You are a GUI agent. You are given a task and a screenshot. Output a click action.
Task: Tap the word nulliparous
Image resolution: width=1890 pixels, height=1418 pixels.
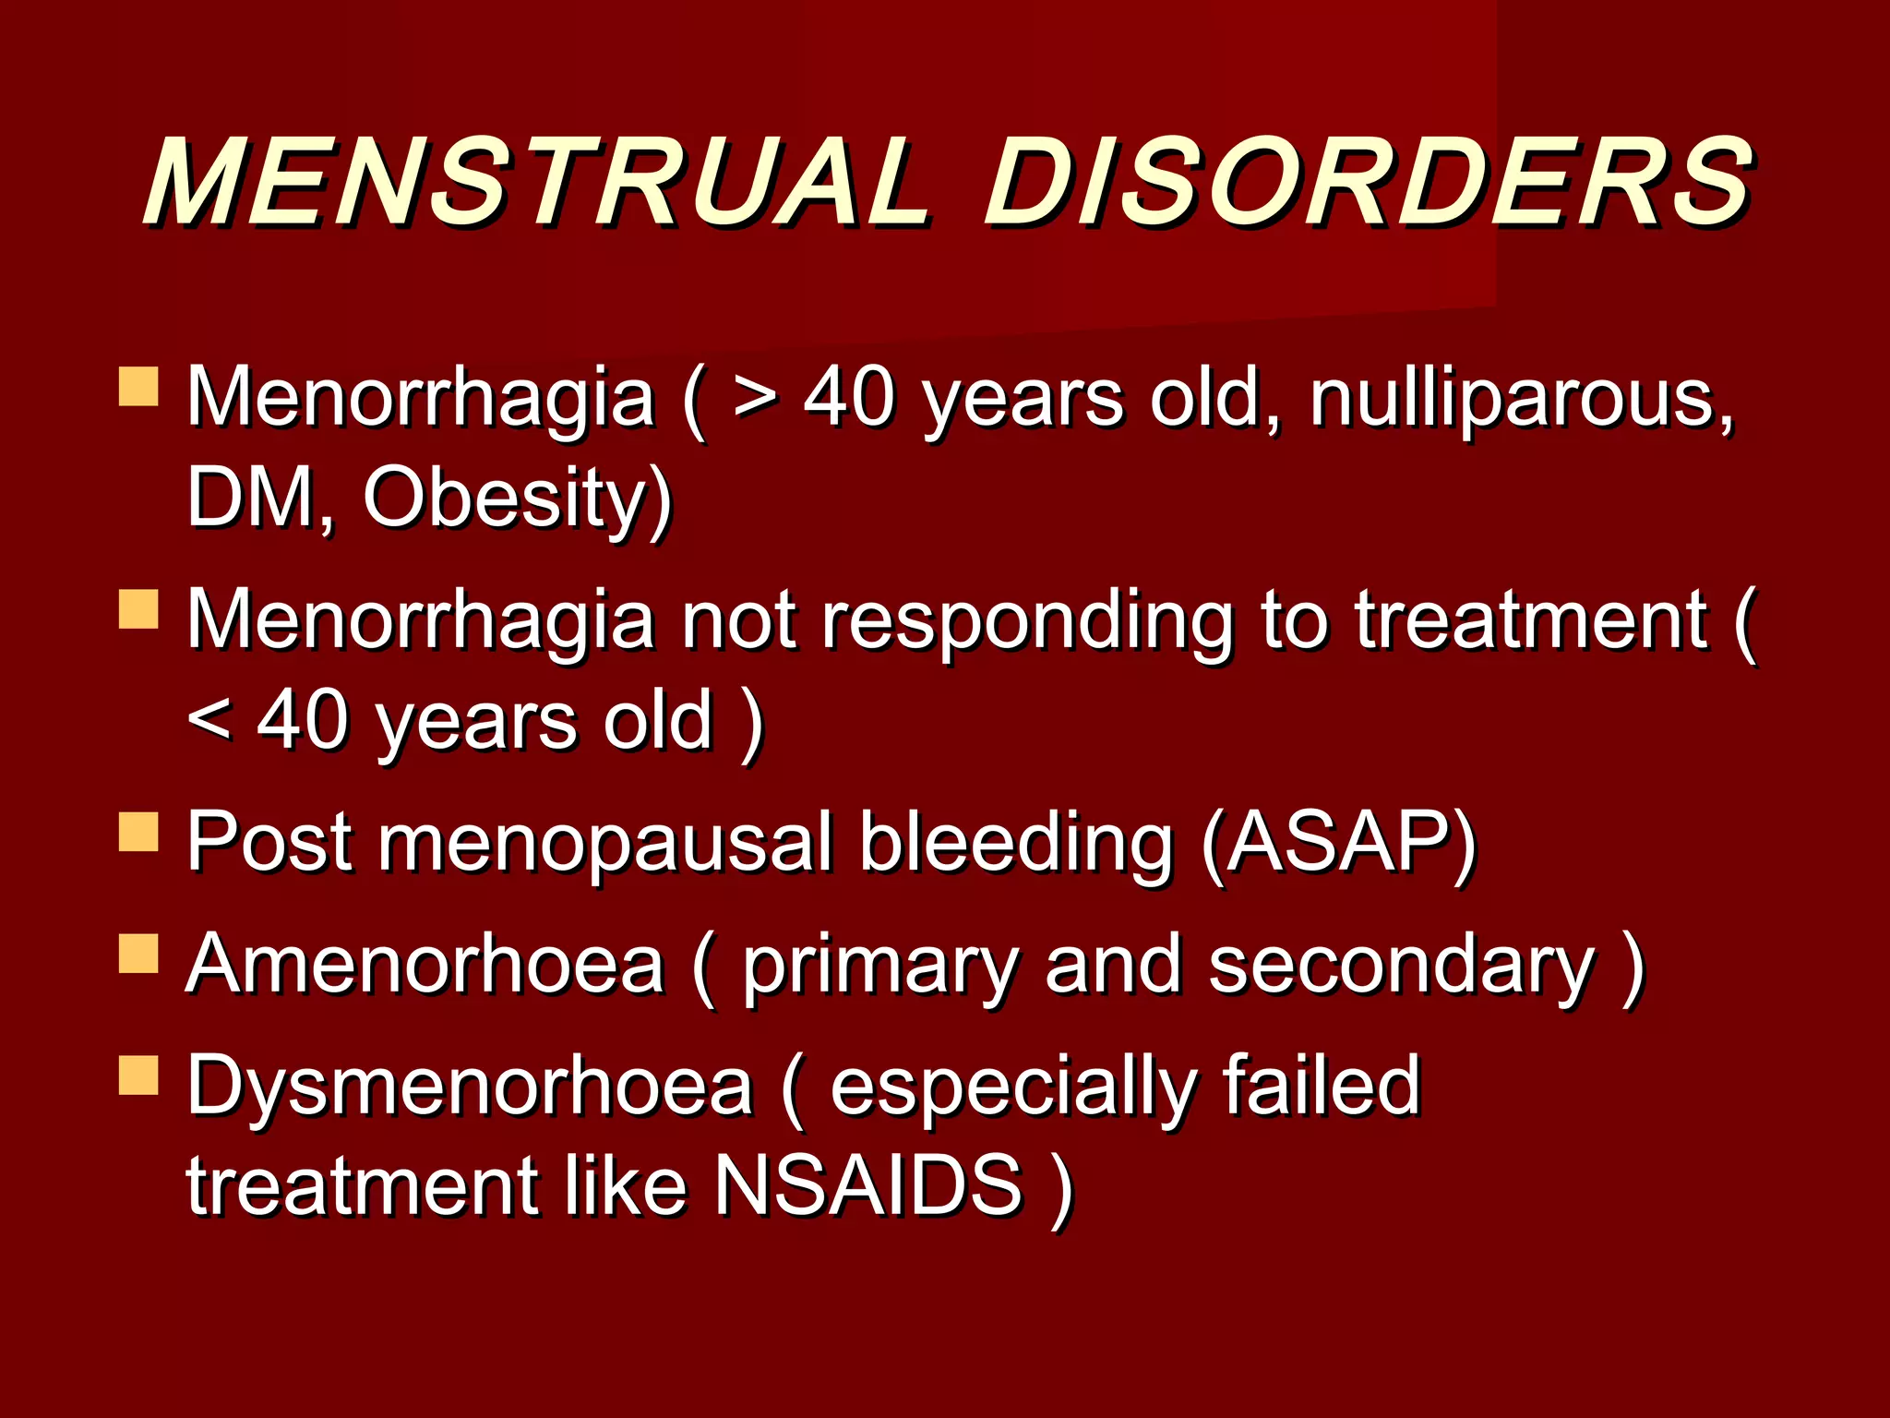point(1522,399)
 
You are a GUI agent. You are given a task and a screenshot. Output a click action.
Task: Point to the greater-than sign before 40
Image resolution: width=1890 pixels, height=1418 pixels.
point(756,401)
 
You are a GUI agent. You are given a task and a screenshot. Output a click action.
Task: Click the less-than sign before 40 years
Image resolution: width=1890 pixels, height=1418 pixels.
point(209,720)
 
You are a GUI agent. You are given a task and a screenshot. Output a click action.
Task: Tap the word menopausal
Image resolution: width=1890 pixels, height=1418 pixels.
point(605,843)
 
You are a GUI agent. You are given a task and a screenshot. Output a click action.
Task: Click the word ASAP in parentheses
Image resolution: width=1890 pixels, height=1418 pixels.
point(1339,843)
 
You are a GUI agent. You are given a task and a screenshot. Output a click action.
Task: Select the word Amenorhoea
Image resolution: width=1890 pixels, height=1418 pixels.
point(425,965)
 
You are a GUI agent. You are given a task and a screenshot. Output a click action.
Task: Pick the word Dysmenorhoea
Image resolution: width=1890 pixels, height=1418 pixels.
point(471,1087)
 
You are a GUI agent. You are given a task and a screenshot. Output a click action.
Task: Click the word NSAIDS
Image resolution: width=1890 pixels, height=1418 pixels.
point(868,1186)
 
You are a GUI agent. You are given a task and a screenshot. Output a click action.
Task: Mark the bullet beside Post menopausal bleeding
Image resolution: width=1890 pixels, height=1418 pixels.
point(138,831)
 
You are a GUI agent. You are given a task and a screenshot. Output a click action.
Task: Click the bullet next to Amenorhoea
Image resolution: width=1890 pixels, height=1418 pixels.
point(138,954)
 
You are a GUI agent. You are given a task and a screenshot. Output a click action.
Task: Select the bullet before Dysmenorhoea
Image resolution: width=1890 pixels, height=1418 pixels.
point(138,1076)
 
